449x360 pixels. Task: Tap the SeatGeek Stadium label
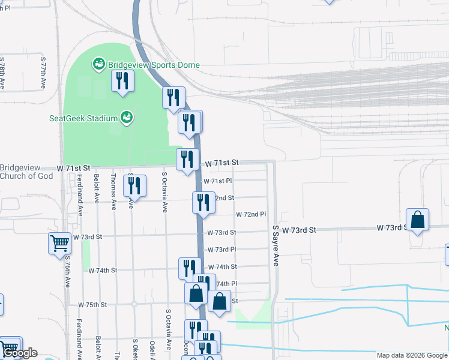[x=83, y=118]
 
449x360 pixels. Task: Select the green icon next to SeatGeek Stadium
[x=126, y=117]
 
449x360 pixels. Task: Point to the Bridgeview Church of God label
[x=27, y=172]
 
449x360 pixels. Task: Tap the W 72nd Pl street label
[x=250, y=214]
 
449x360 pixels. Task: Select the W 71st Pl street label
[x=218, y=181]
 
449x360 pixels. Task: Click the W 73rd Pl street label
[x=221, y=249]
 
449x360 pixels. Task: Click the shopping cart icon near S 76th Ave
[x=59, y=243]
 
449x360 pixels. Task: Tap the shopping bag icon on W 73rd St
[x=418, y=220]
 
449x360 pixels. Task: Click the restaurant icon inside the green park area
[x=122, y=81]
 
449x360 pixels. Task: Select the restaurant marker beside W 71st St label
[x=187, y=159]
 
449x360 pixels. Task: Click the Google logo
[x=20, y=353]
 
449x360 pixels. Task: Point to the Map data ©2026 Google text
[x=412, y=355]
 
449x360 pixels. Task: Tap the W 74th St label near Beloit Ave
[x=103, y=271]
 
